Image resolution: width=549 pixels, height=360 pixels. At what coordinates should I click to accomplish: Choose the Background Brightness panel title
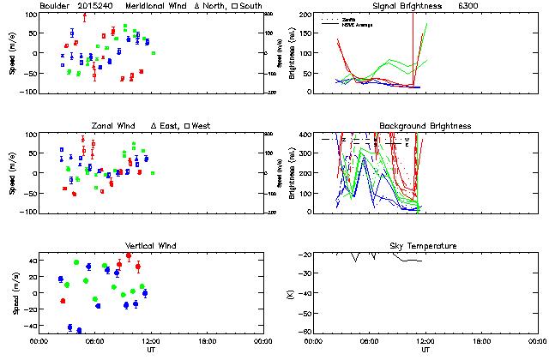[x=425, y=126]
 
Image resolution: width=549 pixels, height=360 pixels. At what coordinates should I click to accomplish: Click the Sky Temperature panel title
[x=425, y=246]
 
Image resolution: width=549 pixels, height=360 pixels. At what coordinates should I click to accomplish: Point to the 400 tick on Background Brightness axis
[x=305, y=135]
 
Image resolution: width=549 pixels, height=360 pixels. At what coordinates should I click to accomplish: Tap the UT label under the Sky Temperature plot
[x=425, y=351]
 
